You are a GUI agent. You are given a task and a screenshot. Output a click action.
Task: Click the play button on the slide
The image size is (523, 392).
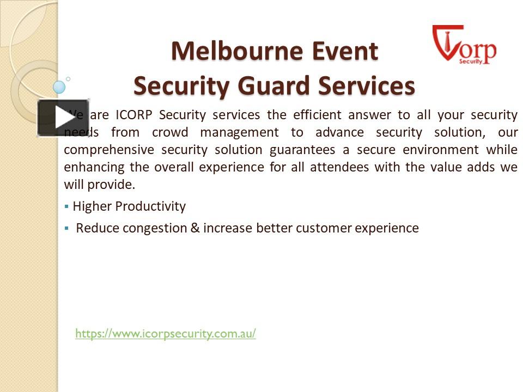(x=63, y=118)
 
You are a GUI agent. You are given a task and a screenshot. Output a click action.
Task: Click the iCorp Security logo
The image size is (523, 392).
(x=464, y=45)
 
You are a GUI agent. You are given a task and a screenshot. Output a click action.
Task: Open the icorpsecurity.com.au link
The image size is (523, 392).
(x=166, y=333)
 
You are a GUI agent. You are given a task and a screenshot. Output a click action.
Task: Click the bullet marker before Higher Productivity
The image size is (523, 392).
(x=66, y=207)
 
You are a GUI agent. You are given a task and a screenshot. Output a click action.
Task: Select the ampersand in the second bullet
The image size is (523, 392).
(x=194, y=228)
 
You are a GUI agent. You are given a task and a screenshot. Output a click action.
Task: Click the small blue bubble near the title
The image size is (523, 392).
(x=59, y=87)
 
